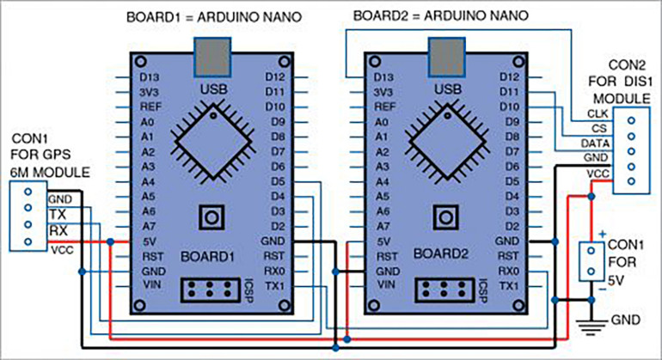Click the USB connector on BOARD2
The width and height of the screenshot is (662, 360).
click(444, 56)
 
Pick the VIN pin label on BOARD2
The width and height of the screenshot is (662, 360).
click(384, 284)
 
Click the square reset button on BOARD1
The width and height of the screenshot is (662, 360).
click(211, 217)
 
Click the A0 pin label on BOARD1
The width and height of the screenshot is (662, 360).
click(146, 122)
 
